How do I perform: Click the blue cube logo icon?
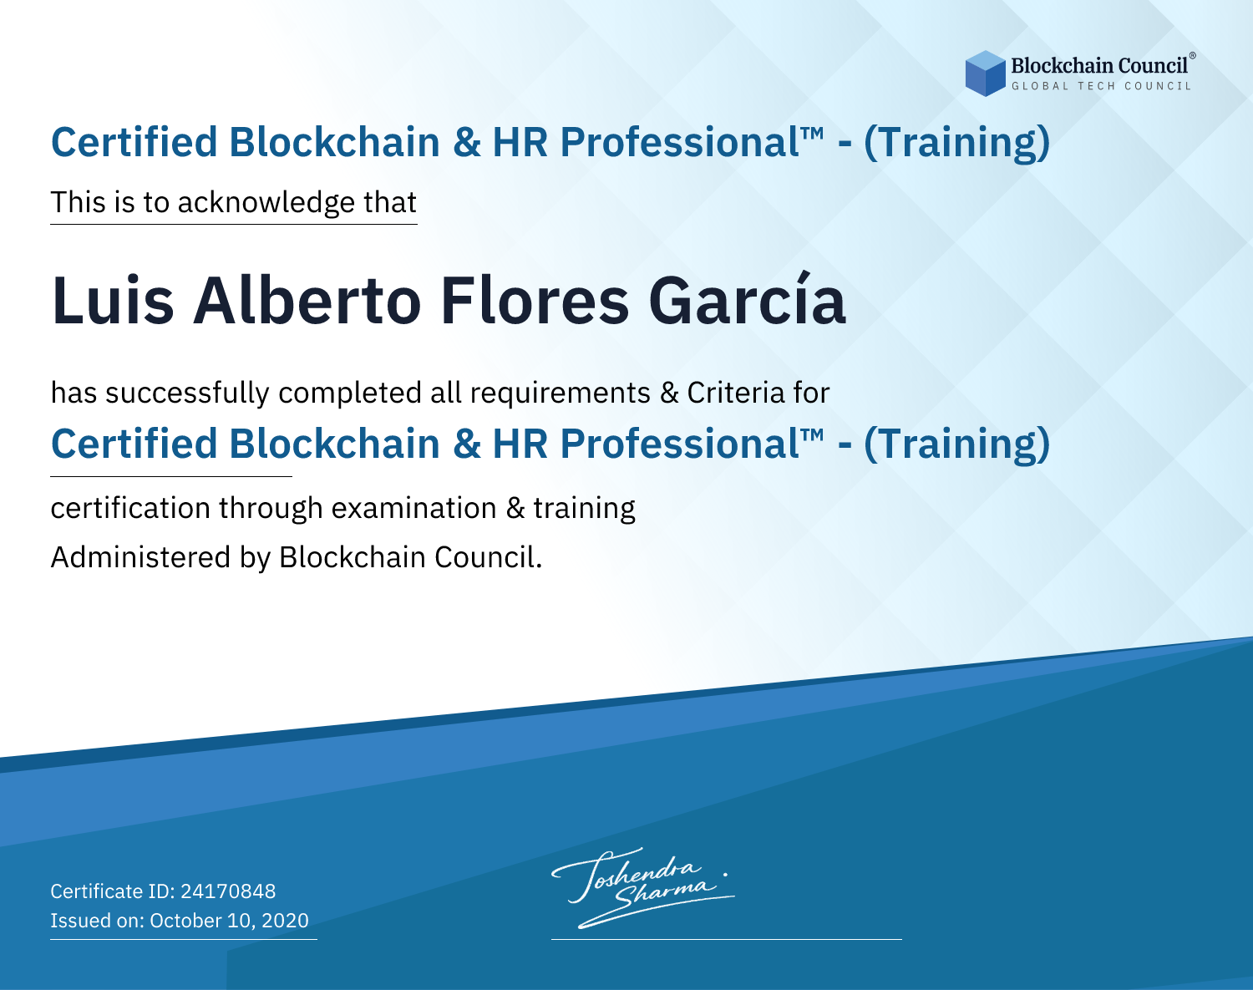(x=985, y=74)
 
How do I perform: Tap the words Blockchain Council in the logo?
(x=1099, y=66)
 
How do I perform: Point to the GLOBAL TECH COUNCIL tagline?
(x=1101, y=86)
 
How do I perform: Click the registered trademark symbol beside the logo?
(x=1193, y=56)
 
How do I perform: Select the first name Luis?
(x=113, y=301)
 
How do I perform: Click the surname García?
(x=747, y=299)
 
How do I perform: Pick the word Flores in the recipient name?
(x=535, y=301)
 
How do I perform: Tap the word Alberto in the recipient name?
(x=307, y=301)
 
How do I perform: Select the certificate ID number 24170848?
(x=228, y=891)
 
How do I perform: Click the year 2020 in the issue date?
(x=286, y=920)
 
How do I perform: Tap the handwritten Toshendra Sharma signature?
(x=643, y=887)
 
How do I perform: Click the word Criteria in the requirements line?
(x=735, y=393)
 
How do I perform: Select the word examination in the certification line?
(x=414, y=508)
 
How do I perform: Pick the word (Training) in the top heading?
(x=957, y=143)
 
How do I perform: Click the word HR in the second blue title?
(x=520, y=444)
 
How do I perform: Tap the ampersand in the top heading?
(x=466, y=142)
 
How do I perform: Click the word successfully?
(x=187, y=393)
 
